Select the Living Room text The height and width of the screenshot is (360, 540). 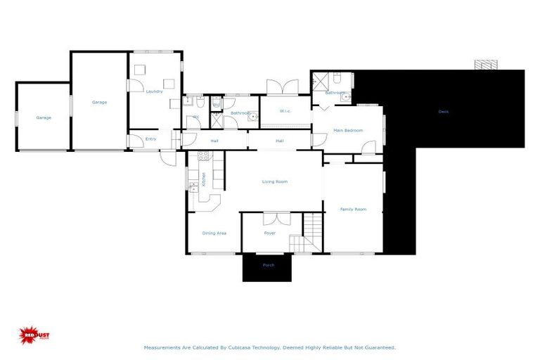pos(275,181)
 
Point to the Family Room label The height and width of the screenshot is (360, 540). pos(353,209)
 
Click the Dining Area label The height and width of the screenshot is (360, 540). pos(214,233)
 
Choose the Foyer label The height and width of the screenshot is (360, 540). pos(269,233)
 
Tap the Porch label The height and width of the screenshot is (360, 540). pos(268,265)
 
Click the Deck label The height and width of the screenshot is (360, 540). pos(443,111)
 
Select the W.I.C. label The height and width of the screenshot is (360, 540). pos(285,110)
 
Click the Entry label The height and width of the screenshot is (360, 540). pos(150,139)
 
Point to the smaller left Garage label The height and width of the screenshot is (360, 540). pos(44,117)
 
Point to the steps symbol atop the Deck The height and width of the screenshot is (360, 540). pos(485,64)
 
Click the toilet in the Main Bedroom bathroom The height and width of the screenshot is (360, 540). pos(337,77)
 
